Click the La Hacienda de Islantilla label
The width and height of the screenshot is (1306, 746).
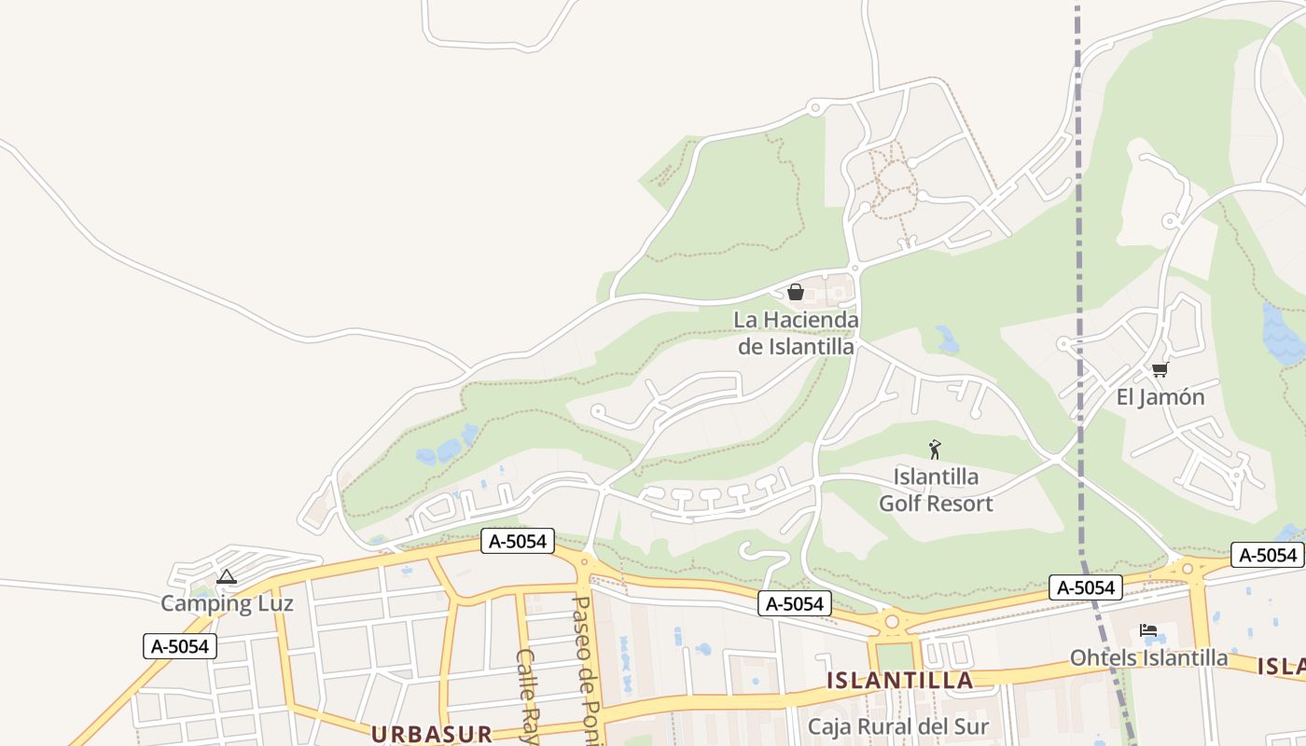point(796,333)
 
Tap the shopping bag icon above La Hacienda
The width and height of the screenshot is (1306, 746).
point(796,292)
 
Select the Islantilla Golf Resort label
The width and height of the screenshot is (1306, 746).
point(936,490)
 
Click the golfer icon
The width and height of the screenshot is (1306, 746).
point(935,449)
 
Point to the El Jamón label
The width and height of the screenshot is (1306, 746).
point(1160,397)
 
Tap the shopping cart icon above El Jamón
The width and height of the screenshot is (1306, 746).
point(1160,369)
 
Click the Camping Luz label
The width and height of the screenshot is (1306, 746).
point(227,603)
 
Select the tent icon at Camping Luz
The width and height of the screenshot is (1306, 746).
point(227,577)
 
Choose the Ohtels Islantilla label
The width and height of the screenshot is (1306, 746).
point(1148,657)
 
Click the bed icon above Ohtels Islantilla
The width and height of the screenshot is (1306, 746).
point(1148,630)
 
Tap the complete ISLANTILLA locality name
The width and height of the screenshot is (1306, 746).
point(900,681)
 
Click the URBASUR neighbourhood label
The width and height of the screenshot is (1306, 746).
point(432,734)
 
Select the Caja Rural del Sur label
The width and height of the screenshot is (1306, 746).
point(897,726)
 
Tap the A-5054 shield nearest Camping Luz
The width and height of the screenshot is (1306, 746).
point(180,646)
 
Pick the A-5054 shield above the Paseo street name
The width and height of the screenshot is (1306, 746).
point(518,541)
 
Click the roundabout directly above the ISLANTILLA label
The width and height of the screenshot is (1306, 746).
point(892,620)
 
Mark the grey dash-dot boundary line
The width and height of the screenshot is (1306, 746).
point(1079,280)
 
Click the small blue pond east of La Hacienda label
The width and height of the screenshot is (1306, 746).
point(948,339)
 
